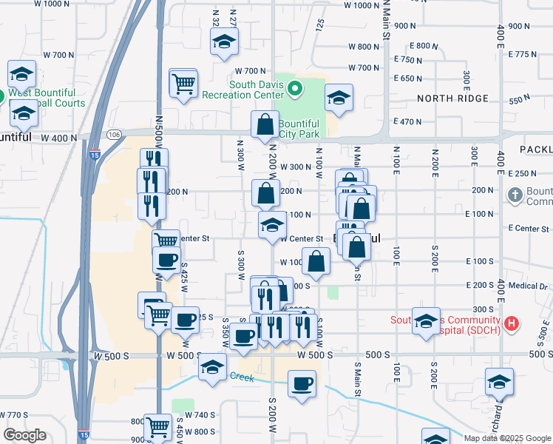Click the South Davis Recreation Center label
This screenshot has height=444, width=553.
click(x=256, y=90)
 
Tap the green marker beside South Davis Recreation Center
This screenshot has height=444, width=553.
click(x=295, y=90)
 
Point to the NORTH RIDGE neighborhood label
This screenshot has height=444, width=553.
click(x=452, y=98)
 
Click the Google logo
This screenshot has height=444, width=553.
click(x=24, y=435)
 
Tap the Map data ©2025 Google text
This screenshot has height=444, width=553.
click(x=507, y=438)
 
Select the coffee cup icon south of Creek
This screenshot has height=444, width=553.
click(x=302, y=384)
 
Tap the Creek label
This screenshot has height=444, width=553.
click(x=241, y=378)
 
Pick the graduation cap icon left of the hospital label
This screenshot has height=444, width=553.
click(x=426, y=320)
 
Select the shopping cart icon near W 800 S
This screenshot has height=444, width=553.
click(x=157, y=426)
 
